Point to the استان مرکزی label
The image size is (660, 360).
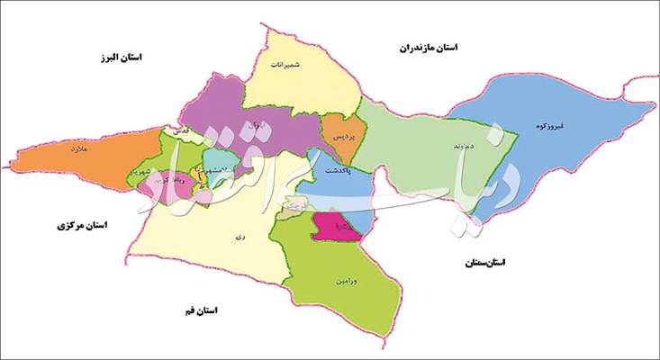79,229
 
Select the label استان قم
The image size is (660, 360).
199,310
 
